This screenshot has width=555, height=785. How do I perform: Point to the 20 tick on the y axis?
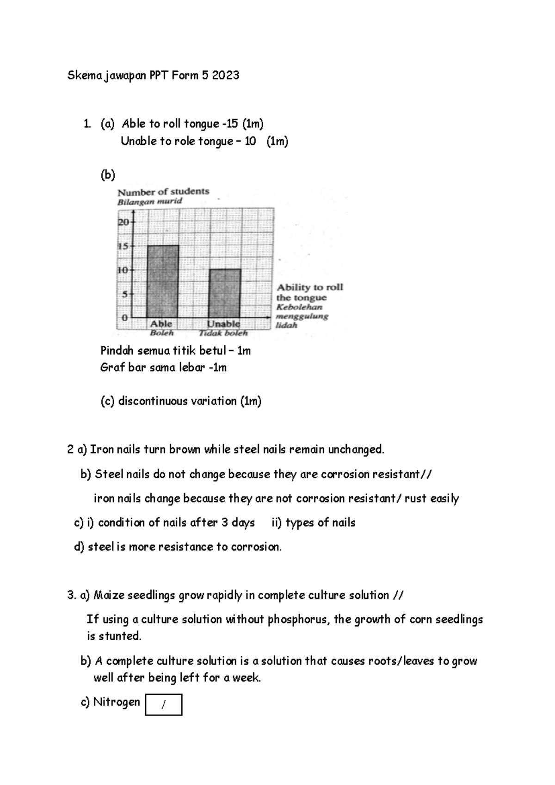coord(123,222)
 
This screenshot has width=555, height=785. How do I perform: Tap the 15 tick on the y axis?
coord(123,246)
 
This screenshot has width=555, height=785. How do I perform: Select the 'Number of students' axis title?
coord(163,192)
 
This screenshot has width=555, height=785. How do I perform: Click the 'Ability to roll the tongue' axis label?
coord(309,293)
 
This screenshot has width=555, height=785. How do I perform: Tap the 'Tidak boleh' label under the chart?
coord(223,333)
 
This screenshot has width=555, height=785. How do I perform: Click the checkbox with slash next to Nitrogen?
coord(163,704)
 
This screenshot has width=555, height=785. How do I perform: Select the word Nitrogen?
coord(117,702)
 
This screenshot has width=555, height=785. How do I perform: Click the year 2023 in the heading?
coord(226,75)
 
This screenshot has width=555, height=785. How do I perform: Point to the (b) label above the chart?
coord(108,175)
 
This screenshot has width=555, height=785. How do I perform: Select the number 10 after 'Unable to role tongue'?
coord(250,142)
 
